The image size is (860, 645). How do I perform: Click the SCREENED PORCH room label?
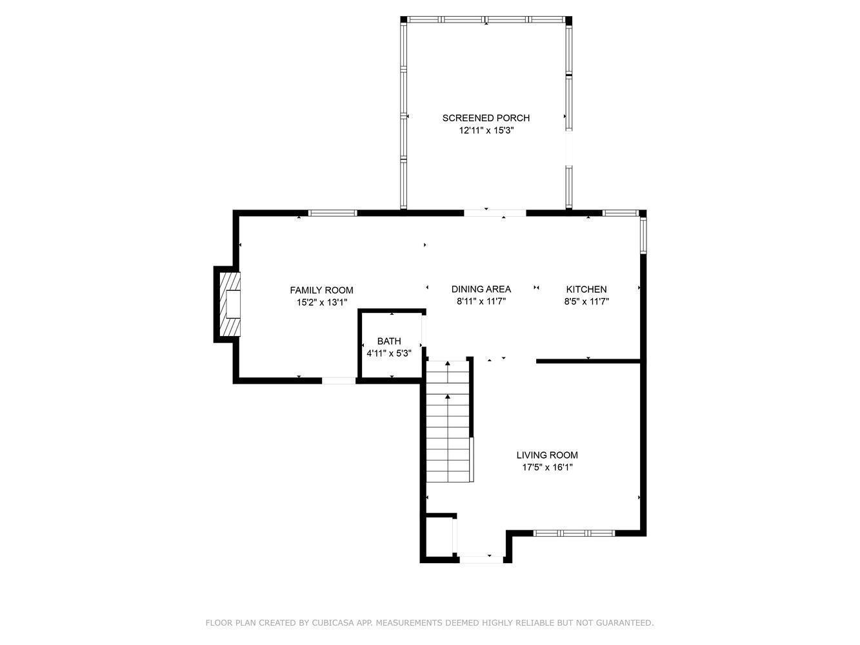coord(486,118)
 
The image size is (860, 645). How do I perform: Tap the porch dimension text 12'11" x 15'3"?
coord(486,130)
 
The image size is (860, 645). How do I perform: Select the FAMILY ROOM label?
coord(322,290)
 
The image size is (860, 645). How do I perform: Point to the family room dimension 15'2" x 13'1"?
coord(322,303)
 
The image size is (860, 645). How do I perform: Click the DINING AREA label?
coord(481,289)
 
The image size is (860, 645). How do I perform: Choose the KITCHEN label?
coord(586,290)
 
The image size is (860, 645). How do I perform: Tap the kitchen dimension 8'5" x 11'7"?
coord(586,302)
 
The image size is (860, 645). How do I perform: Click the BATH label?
coord(389,341)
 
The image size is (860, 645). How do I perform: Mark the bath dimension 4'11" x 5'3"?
coord(389,353)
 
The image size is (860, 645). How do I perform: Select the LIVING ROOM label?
coord(547,455)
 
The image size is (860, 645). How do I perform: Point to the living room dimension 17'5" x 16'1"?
coord(547,467)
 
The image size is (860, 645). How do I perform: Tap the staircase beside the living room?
coord(448,421)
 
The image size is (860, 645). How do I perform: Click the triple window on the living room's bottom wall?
coord(574,533)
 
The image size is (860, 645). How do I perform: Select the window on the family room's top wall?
coord(333,213)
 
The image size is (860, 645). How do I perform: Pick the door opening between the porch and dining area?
coord(495,213)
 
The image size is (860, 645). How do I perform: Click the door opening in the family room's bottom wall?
coord(339,381)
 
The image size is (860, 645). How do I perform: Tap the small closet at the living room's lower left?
coord(439,537)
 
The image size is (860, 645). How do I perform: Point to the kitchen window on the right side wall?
coord(643,235)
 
